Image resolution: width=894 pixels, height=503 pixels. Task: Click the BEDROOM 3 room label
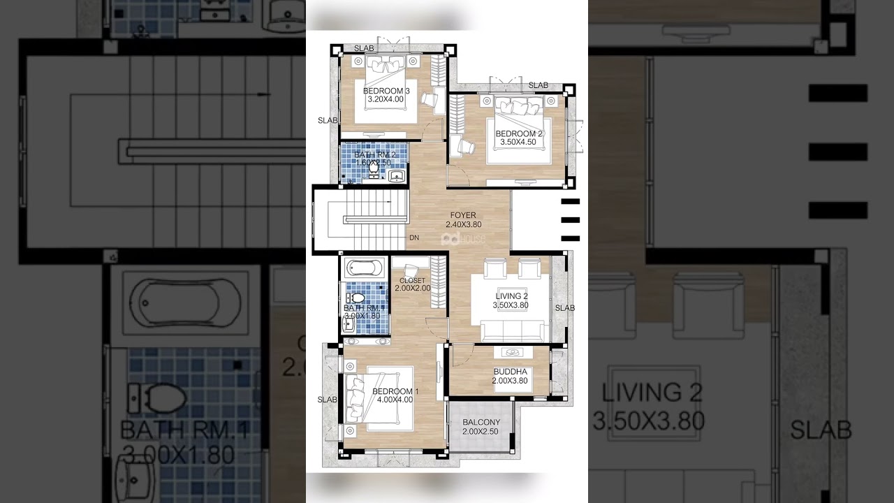(x=386, y=91)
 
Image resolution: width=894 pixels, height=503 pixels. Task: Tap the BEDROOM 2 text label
(x=519, y=133)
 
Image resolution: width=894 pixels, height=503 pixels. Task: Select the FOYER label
(x=463, y=215)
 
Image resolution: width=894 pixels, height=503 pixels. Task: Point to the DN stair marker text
(x=414, y=238)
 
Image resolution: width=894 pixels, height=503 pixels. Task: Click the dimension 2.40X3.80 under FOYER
(x=463, y=225)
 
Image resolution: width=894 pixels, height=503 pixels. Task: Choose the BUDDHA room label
(x=510, y=372)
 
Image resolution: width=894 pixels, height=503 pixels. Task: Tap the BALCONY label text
(x=481, y=423)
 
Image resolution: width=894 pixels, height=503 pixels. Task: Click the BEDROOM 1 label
(x=395, y=391)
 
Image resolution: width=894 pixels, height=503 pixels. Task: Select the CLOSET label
(x=412, y=281)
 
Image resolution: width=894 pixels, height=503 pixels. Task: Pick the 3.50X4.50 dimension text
(x=518, y=143)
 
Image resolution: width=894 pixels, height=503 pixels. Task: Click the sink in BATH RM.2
(x=397, y=175)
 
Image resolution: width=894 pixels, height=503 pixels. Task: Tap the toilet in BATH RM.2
(x=374, y=168)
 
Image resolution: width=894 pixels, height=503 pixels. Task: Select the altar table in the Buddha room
(x=513, y=353)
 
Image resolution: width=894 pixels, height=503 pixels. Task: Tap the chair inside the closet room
(x=411, y=266)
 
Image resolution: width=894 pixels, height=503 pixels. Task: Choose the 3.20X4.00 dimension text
(x=386, y=100)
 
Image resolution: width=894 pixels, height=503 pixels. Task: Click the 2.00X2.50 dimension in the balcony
(x=481, y=432)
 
